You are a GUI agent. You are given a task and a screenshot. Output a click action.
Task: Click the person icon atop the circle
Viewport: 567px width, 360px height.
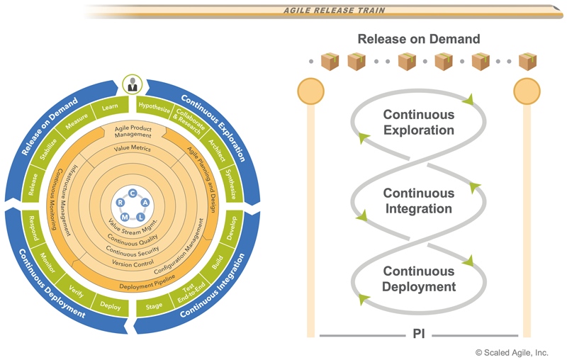pos(132,85)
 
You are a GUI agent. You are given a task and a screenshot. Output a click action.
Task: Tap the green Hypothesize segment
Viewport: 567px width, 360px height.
pos(155,108)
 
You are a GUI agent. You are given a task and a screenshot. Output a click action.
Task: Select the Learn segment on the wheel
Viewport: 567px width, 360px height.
pos(109,108)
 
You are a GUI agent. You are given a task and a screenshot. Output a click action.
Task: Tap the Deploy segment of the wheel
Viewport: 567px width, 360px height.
pos(111,306)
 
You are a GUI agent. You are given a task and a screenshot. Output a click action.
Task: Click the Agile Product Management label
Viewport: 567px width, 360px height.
pos(133,131)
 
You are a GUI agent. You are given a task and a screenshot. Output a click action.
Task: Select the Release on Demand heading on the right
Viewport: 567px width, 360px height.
pos(419,39)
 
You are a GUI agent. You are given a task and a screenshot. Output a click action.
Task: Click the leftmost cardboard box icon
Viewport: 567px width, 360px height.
pos(330,62)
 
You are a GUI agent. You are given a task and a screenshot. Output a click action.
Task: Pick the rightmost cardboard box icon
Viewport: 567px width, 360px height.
pos(527,62)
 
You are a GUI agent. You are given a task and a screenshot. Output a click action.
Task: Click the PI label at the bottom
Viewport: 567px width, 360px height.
pos(419,333)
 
